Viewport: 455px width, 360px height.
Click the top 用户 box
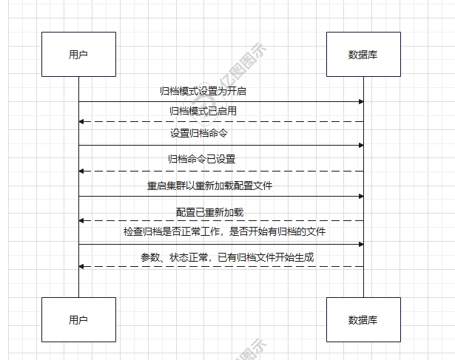(78, 54)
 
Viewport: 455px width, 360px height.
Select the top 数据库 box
(363, 54)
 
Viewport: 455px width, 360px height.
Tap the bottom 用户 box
(78, 319)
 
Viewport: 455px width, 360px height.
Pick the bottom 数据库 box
(363, 319)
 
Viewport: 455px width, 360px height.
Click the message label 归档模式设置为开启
(209, 92)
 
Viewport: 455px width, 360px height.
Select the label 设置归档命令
(199, 134)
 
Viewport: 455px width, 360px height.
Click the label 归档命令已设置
(202, 159)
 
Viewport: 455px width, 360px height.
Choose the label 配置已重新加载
(209, 212)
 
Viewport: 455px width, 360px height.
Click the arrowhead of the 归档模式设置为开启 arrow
(361, 101)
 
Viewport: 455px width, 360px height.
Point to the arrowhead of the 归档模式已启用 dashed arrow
(81, 121)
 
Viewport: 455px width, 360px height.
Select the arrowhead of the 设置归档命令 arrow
(361, 145)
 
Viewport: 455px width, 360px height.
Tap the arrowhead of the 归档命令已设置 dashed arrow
(81, 171)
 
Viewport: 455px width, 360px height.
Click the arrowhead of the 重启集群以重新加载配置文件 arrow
(361, 196)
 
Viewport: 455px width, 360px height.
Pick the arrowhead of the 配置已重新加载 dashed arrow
(81, 220)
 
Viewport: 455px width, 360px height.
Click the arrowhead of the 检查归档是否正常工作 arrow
(361, 243)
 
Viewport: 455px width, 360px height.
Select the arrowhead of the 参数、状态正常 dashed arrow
(81, 266)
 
